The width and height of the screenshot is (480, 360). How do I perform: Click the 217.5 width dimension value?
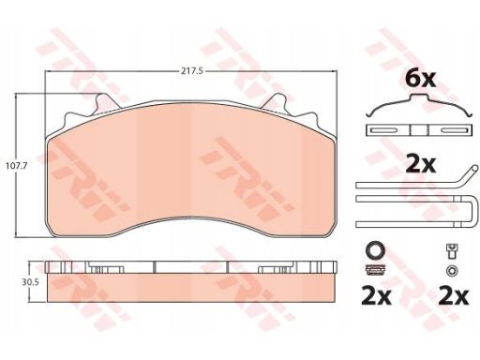[192, 71]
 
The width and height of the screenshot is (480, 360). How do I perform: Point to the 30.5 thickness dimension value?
[30, 282]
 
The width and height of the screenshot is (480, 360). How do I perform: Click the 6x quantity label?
[420, 80]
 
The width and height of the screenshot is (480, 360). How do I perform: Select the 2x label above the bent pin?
[420, 165]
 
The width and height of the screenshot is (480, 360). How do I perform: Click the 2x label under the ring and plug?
[376, 296]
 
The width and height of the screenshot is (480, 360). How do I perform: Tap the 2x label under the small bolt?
[454, 296]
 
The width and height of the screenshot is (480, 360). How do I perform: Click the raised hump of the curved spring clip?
[419, 97]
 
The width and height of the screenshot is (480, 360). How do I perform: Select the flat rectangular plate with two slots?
[418, 130]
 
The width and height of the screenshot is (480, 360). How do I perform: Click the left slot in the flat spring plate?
[383, 130]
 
